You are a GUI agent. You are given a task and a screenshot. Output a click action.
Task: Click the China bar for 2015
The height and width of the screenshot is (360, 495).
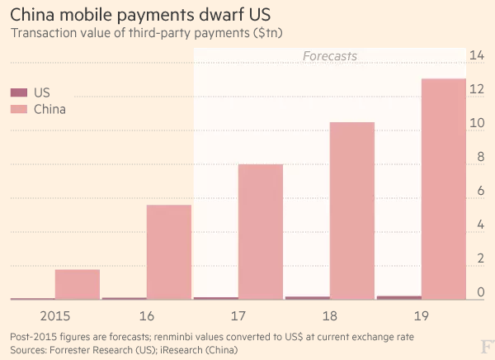(x=78, y=284)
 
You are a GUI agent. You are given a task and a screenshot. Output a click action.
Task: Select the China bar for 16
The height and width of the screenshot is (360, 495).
(x=169, y=252)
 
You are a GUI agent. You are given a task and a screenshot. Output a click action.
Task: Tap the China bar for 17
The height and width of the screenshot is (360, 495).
(x=261, y=231)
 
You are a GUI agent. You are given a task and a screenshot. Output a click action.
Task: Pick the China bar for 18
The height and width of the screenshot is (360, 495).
(x=352, y=211)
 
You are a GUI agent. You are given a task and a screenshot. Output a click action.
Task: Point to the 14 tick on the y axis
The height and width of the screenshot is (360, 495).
(x=476, y=55)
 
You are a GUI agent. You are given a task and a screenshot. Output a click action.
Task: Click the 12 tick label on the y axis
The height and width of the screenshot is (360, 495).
(x=476, y=89)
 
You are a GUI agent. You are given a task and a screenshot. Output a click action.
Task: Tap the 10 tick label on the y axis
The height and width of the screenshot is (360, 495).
(x=476, y=123)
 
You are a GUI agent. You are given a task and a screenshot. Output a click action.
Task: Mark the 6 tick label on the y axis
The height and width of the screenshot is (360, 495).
(x=478, y=191)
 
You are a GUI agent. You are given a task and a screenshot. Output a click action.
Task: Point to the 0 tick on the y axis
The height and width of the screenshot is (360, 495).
(x=478, y=292)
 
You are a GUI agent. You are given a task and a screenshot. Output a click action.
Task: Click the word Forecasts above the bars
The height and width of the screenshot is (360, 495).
(x=330, y=56)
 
